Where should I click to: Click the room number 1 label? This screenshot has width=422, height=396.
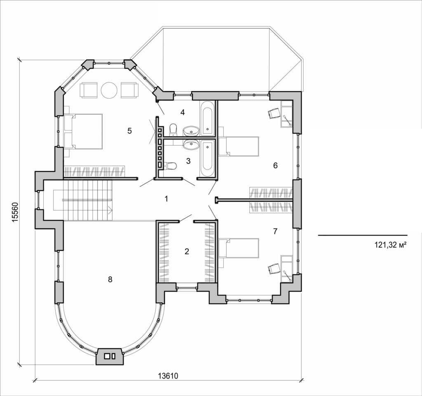tap(166, 199)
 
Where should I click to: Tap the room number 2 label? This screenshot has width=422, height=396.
tap(187, 251)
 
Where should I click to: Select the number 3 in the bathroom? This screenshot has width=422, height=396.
tap(188, 161)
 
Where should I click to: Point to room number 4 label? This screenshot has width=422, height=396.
tap(182, 112)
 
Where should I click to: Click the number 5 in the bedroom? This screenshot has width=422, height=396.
tap(129, 131)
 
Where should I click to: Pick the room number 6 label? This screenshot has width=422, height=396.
tap(275, 165)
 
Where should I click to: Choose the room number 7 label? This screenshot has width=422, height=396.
tap(275, 231)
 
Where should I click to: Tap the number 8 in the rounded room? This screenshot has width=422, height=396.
tap(110, 279)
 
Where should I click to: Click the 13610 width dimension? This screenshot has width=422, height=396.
tap(168, 376)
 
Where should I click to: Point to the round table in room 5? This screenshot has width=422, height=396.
tap(109, 90)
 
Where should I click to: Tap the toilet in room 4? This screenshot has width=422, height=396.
tap(173, 129)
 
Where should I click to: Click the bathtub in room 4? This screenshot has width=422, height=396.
tap(207, 118)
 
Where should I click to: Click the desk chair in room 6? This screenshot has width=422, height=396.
tap(273, 113)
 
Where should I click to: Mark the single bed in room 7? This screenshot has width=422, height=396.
tap(239, 248)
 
